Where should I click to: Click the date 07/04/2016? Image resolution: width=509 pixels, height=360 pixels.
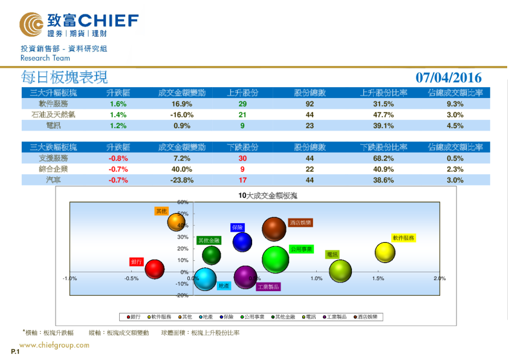pyautogui.click(x=449, y=77)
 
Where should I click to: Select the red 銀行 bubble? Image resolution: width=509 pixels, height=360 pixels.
pyautogui.click(x=155, y=269)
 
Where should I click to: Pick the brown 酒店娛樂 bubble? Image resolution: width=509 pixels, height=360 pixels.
pyautogui.click(x=274, y=229)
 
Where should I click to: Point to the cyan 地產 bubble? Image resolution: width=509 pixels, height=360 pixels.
pyautogui.click(x=206, y=279)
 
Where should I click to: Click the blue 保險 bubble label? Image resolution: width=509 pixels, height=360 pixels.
pyautogui.click(x=237, y=227)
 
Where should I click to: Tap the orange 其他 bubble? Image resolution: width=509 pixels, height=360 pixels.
pyautogui.click(x=176, y=222)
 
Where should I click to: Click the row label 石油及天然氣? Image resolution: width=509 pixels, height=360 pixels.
pyautogui.click(x=53, y=115)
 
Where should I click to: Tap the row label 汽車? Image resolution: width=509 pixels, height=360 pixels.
pyautogui.click(x=53, y=180)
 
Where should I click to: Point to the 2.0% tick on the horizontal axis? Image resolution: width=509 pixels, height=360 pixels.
pyautogui.click(x=439, y=279)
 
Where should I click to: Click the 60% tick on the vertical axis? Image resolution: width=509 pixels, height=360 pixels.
pyautogui.click(x=183, y=202)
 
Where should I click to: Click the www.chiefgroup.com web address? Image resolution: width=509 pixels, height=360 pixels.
pyautogui.click(x=54, y=345)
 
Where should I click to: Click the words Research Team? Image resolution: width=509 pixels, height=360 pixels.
pyautogui.click(x=45, y=58)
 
